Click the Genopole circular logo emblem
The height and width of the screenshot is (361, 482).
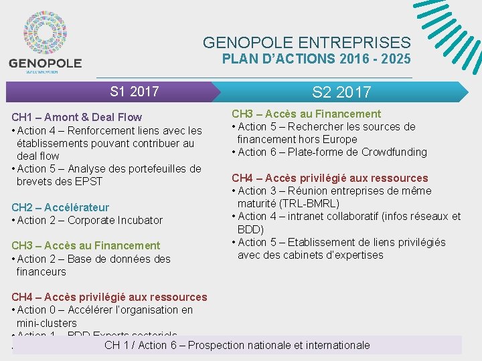tap(45, 33)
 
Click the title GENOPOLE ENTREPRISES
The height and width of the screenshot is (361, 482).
tap(307, 43)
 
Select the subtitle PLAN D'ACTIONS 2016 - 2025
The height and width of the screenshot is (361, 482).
tap(316, 59)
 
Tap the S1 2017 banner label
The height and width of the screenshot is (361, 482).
tap(134, 91)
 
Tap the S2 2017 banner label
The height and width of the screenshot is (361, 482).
tap(341, 92)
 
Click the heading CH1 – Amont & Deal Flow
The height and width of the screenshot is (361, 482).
tap(77, 117)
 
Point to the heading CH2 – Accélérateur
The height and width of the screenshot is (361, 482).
tap(60, 207)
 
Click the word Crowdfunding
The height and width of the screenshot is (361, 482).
tap(394, 152)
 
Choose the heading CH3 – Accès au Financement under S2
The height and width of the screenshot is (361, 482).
tap(306, 114)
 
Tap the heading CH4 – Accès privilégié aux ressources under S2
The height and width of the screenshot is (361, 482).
tap(329, 178)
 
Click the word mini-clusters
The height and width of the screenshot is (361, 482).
tap(47, 323)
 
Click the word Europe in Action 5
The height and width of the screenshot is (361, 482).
tap(342, 139)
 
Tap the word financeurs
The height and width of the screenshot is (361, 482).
tap(42, 271)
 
